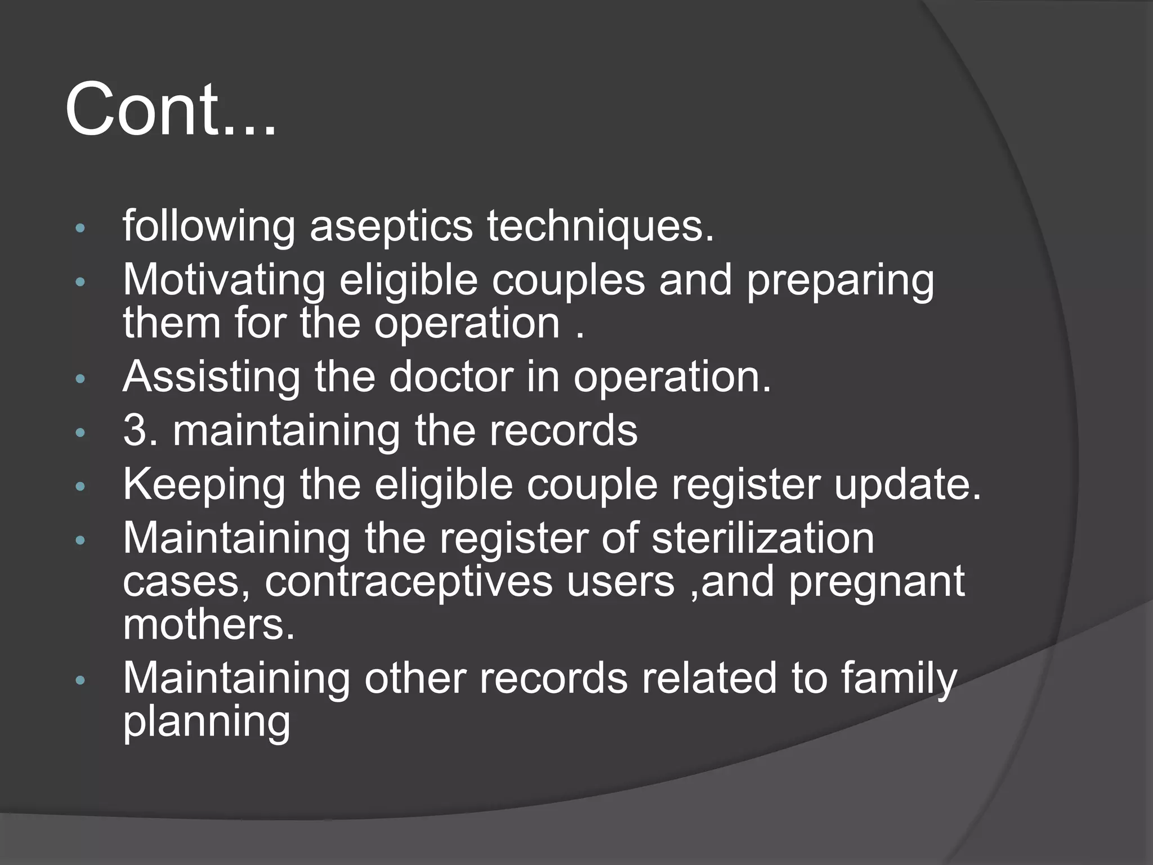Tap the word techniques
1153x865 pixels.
(x=600, y=226)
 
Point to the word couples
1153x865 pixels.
(x=568, y=280)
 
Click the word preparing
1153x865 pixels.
(x=840, y=280)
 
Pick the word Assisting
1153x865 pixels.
(x=212, y=377)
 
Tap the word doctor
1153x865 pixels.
(x=451, y=377)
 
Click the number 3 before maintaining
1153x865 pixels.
(x=134, y=431)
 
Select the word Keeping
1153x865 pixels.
(x=204, y=484)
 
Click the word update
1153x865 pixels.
(x=908, y=484)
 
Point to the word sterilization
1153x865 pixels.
(x=763, y=538)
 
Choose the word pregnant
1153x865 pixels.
(x=877, y=582)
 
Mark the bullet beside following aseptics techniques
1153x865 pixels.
(x=80, y=229)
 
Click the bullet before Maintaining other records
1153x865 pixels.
(x=80, y=681)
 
